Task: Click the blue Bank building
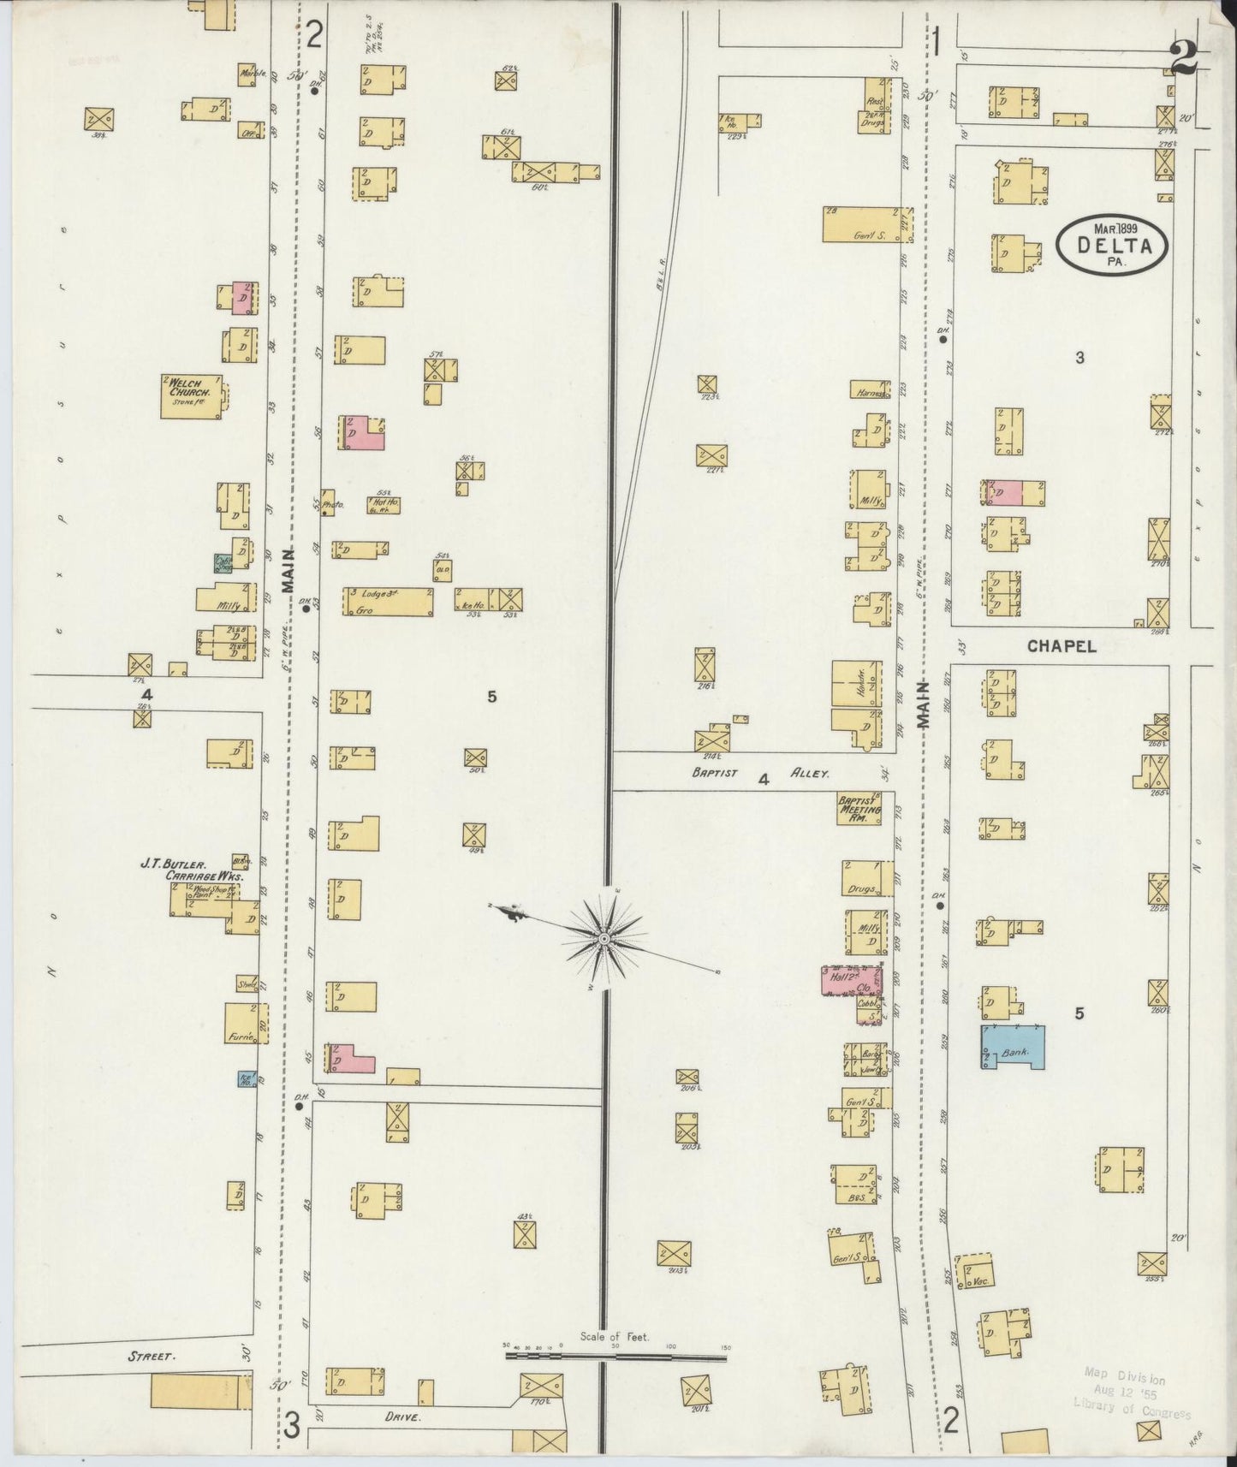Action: coord(1014,1046)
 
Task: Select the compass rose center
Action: coord(604,940)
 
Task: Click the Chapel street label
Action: coord(1062,647)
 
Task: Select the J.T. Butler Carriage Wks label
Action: coord(193,870)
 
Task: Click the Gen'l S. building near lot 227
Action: coord(861,224)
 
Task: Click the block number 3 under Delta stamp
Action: coord(1079,358)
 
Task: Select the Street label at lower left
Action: coord(152,1357)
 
